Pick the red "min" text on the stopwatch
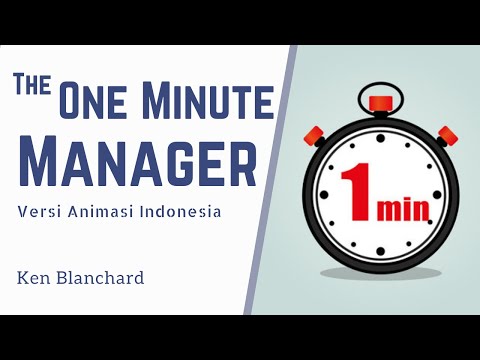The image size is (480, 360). coord(405,209)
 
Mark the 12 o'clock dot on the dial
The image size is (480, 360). coord(380,133)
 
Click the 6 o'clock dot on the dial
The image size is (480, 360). coord(380,251)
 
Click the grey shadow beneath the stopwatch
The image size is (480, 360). coord(382,272)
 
